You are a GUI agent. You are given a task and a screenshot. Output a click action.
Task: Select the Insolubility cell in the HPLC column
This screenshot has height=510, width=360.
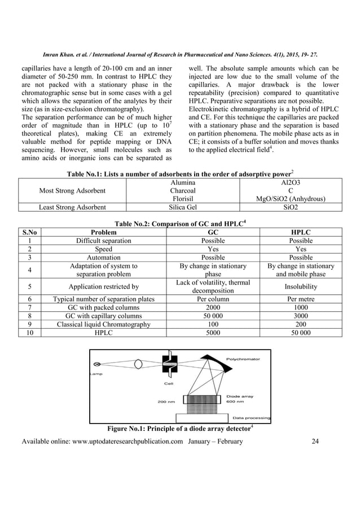pos(300,286)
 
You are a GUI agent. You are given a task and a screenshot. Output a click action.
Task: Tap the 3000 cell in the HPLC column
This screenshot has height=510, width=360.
pos(300,316)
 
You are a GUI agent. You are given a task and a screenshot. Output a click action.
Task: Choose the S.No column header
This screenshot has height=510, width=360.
pos(26,232)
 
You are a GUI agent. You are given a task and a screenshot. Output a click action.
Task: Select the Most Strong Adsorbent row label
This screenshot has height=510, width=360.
pos(72,191)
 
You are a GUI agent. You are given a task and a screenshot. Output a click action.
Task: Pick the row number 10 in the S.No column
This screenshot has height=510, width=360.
pos(26,333)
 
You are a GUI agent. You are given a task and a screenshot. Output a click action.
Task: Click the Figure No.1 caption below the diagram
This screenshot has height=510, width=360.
pos(179,427)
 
